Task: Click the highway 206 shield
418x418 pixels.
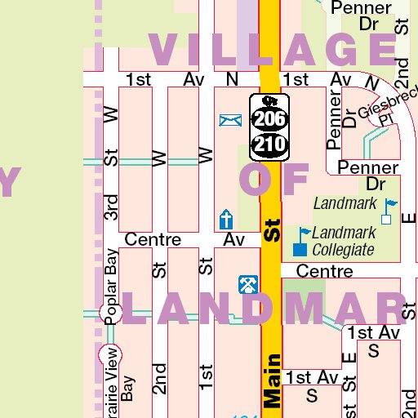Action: pyautogui.click(x=269, y=119)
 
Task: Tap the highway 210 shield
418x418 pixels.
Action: pyautogui.click(x=269, y=145)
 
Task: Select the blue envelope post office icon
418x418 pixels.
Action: pyautogui.click(x=230, y=121)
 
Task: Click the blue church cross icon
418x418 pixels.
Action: pyautogui.click(x=226, y=219)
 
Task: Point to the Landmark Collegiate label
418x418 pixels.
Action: pyautogui.click(x=343, y=242)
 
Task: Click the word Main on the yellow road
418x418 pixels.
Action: pyautogui.click(x=272, y=380)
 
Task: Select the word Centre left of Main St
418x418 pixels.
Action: pyautogui.click(x=153, y=240)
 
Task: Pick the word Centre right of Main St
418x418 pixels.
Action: pyautogui.click(x=324, y=270)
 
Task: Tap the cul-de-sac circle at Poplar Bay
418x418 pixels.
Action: pyautogui.click(x=106, y=313)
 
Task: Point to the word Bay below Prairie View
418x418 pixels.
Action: pyautogui.click(x=127, y=389)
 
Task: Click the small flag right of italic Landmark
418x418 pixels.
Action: pyautogui.click(x=389, y=211)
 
